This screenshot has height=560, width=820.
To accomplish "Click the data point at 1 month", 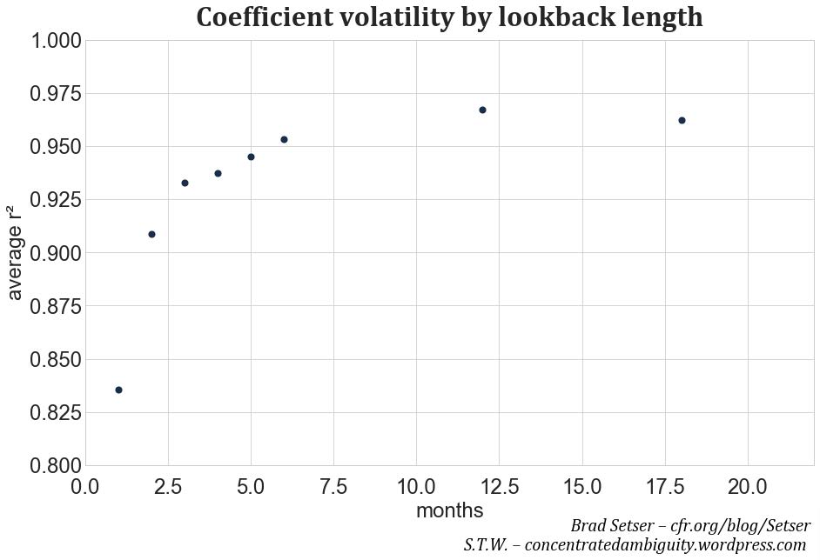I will pyautogui.click(x=118, y=390).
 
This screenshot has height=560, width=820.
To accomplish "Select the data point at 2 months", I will pyautogui.click(x=151, y=234).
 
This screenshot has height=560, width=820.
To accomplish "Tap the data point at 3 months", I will pyautogui.click(x=185, y=183).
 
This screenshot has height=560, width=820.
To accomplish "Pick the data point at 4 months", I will pyautogui.click(x=218, y=173).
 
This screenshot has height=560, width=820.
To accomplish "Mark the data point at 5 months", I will pyautogui.click(x=251, y=157).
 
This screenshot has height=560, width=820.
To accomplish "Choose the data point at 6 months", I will pyautogui.click(x=284, y=139).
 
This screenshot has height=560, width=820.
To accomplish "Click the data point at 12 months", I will pyautogui.click(x=482, y=110).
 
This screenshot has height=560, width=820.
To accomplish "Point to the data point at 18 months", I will pyautogui.click(x=682, y=120).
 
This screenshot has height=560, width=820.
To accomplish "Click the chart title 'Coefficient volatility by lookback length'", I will pyautogui.click(x=449, y=17).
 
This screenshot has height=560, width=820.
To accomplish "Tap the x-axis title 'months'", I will pyautogui.click(x=449, y=510).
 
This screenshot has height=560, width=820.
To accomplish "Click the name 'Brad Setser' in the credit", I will pyautogui.click(x=613, y=526).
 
